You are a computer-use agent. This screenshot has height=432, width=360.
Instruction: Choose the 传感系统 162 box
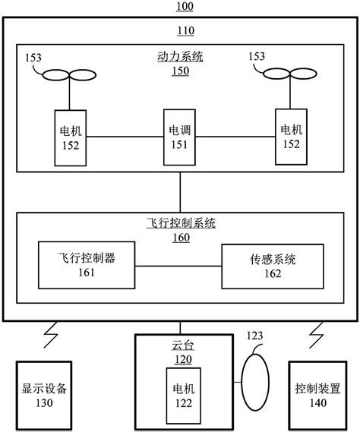pos(270,266)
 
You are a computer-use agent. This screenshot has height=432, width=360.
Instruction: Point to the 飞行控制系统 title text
pos(180,224)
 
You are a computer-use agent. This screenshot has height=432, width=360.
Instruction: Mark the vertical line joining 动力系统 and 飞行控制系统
pos(180,192)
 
